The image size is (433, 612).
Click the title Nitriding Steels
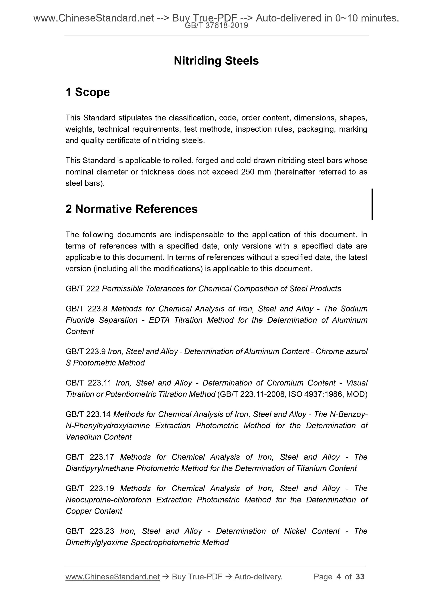pyautogui.click(x=216, y=61)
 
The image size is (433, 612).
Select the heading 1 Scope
pyautogui.click(x=87, y=92)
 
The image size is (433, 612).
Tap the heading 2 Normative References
pyautogui.click(x=132, y=209)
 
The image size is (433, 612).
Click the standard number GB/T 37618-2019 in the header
pyautogui.click(x=216, y=26)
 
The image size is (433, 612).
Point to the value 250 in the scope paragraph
pyautogui.click(x=248, y=172)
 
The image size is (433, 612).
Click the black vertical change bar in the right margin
pyautogui.click(x=372, y=204)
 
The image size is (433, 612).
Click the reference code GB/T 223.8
pyautogui.click(x=86, y=309)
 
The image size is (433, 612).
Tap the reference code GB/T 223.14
pyautogui.click(x=88, y=414)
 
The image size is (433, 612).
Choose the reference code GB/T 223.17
pyautogui.click(x=90, y=457)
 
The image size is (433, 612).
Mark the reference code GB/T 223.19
pyautogui.click(x=90, y=488)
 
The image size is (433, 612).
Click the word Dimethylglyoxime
pyautogui.click(x=97, y=542)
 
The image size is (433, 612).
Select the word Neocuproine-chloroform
pyautogui.click(x=108, y=500)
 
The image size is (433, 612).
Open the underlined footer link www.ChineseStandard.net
pyautogui.click(x=112, y=577)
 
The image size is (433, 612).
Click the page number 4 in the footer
pyautogui.click(x=339, y=577)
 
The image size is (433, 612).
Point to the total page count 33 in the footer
pyautogui.click(x=360, y=577)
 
